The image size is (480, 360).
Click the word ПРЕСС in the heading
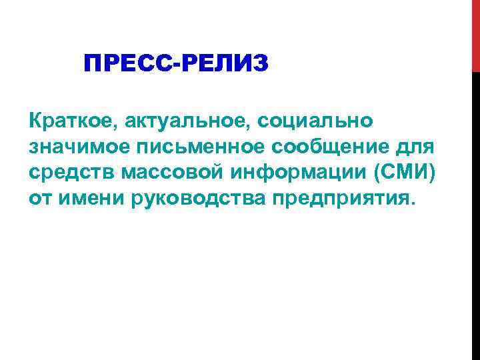click(x=127, y=65)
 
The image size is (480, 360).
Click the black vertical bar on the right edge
click(x=475, y=213)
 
